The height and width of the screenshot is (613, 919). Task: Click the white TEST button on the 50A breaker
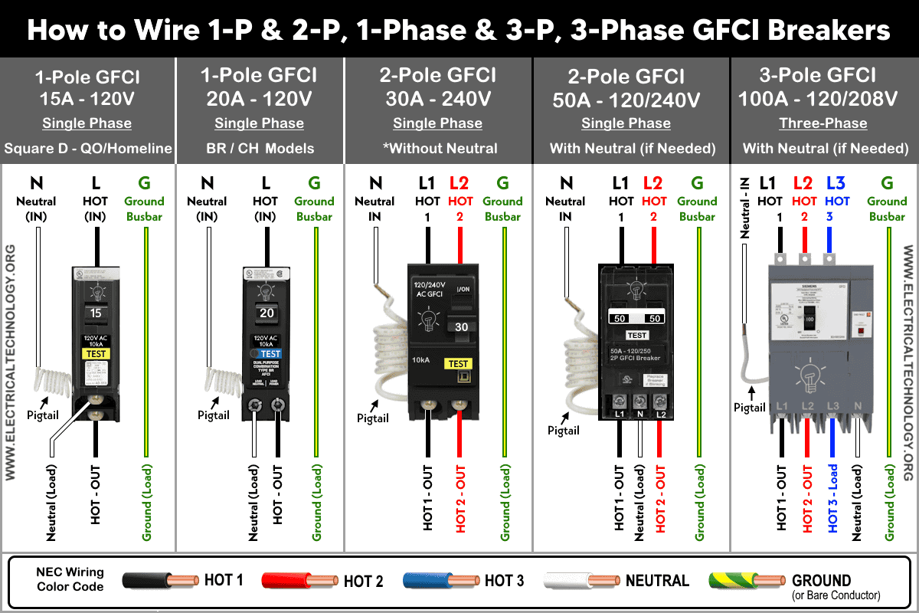[637, 335]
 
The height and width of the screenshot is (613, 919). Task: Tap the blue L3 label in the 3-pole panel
[837, 183]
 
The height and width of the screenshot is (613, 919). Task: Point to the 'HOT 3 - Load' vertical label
[833, 498]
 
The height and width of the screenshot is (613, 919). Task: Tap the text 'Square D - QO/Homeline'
[87, 149]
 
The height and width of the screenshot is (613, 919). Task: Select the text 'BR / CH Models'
[259, 149]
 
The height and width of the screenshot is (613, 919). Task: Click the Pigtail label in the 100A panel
[750, 407]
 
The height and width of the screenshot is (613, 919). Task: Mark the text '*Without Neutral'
[437, 149]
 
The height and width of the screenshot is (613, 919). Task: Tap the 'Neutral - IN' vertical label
[744, 207]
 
